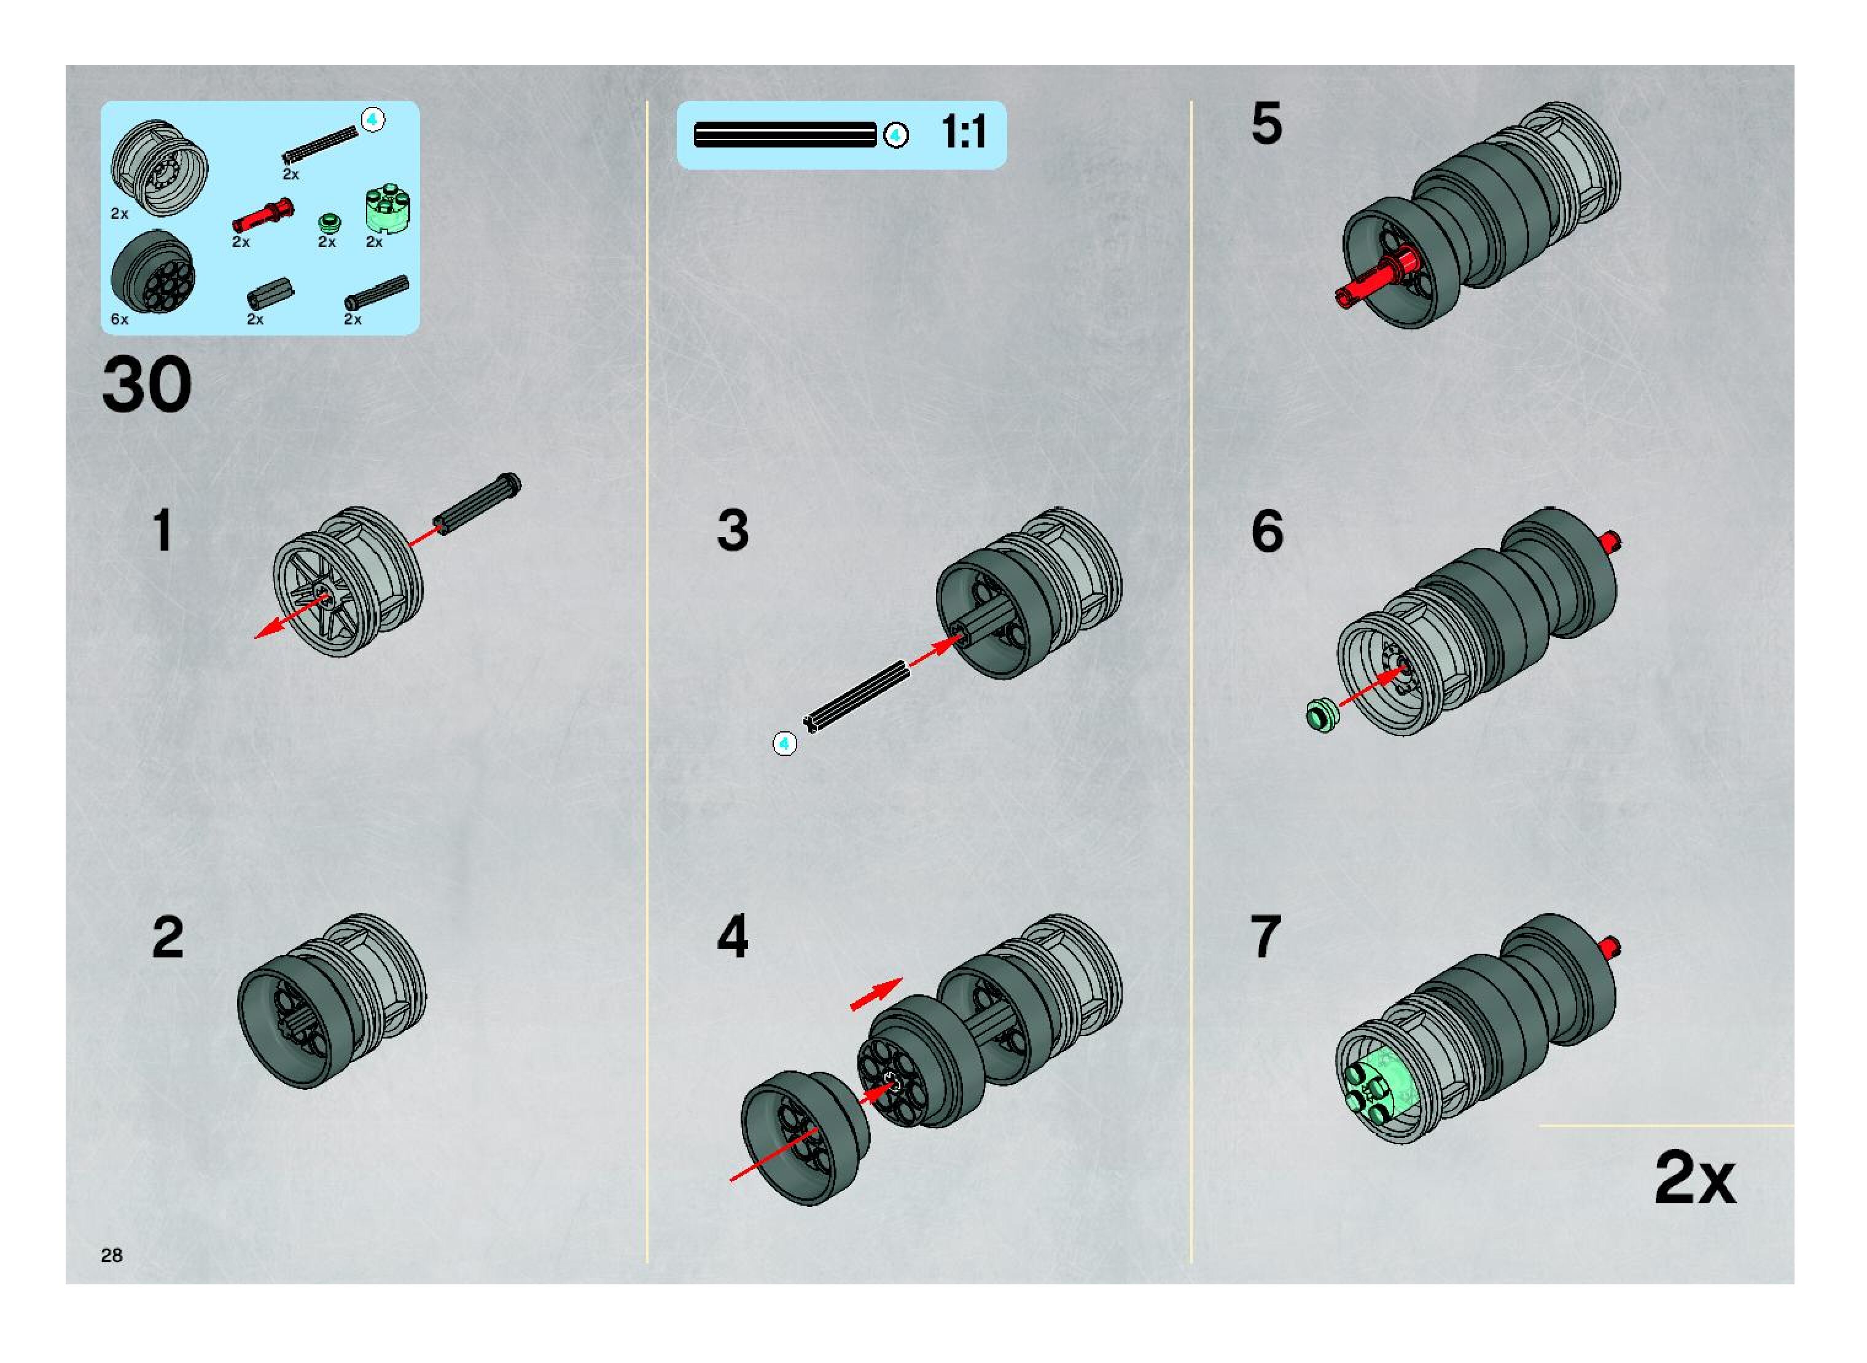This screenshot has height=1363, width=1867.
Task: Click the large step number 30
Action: pyautogui.click(x=147, y=385)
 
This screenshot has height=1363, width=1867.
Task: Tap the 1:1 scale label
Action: pyautogui.click(x=963, y=132)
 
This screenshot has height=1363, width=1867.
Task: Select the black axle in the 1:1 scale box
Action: pyautogui.click(x=784, y=135)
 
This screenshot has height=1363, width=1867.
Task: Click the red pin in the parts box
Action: pyautogui.click(x=262, y=215)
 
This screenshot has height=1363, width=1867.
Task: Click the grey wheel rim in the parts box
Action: pyautogui.click(x=159, y=168)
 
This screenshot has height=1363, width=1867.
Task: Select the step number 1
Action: pyautogui.click(x=163, y=530)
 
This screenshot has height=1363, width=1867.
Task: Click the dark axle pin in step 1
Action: pyautogui.click(x=477, y=503)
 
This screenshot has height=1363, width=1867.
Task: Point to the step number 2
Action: pyautogui.click(x=168, y=937)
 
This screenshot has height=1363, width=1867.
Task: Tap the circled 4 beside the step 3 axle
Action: pyautogui.click(x=784, y=744)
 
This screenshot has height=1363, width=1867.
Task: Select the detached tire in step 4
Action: pyautogui.click(x=805, y=1137)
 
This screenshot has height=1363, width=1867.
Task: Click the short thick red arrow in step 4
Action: pyautogui.click(x=876, y=994)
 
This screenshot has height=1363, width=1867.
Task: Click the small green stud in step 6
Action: pyautogui.click(x=1323, y=715)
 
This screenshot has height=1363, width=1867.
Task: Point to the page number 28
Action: pyautogui.click(x=111, y=1255)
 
